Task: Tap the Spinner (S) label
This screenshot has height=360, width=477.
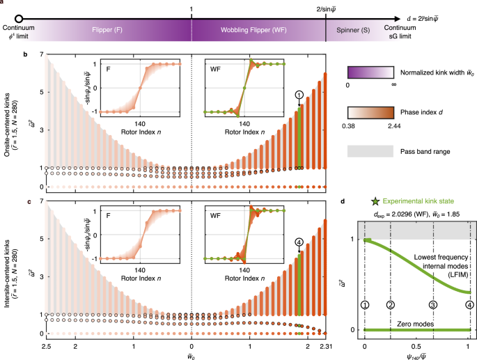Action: pyautogui.click(x=354, y=31)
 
